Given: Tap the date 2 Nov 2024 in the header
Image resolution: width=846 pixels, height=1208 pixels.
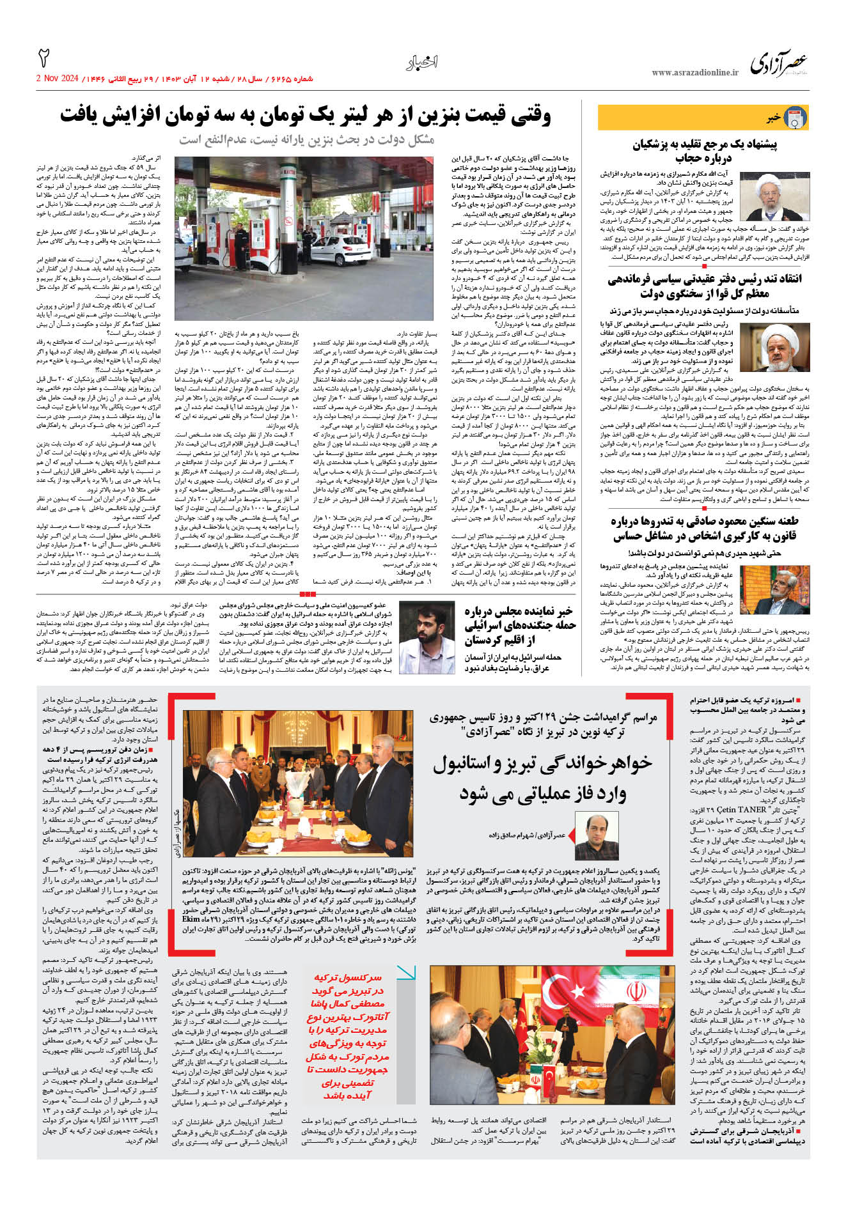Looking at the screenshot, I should pos(58,79).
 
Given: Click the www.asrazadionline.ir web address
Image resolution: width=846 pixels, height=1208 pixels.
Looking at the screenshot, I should pos(694,73).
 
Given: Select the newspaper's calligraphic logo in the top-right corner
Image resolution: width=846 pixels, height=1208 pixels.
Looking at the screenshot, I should pos(779,65).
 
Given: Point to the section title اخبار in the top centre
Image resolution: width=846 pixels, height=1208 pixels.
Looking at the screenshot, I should pos(422,62).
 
